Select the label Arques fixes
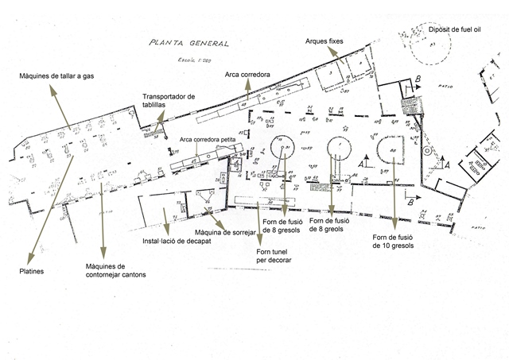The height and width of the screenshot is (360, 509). tap(326, 41)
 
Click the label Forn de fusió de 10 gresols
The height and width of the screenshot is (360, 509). tap(394, 242)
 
